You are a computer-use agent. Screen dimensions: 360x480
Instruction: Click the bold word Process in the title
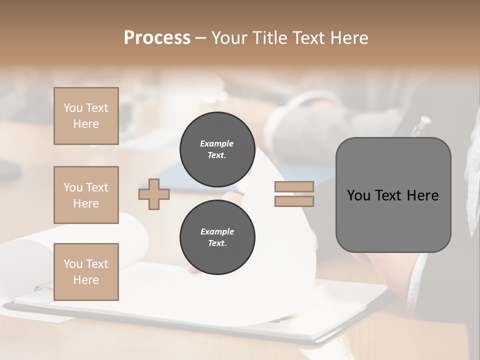point(157,38)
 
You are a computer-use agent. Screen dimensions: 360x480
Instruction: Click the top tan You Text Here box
point(86,116)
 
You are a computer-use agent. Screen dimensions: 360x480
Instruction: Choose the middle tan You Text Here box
point(86,195)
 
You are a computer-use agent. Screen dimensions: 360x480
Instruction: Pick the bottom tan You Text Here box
point(86,272)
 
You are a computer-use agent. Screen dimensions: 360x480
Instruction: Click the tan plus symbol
point(154,194)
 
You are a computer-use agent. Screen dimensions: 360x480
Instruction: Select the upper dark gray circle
point(217,149)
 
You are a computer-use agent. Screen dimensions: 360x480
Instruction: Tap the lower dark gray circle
point(217,237)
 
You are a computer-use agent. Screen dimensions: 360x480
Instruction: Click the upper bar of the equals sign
point(294,187)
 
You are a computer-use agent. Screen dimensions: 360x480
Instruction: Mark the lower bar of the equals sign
point(294,201)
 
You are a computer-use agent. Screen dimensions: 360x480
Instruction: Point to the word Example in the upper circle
point(217,143)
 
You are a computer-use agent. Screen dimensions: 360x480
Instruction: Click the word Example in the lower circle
point(217,231)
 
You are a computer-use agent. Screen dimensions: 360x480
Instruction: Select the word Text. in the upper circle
point(217,155)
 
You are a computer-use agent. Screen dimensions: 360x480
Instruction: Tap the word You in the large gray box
point(358,195)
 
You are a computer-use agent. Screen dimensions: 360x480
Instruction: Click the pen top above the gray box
point(425,120)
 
